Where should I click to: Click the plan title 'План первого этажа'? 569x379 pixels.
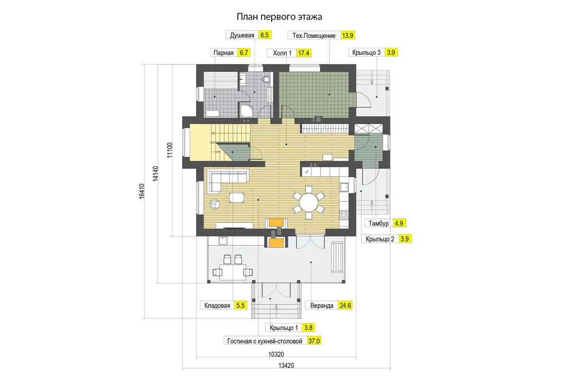pyautogui.click(x=279, y=17)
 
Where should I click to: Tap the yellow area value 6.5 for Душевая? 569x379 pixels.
pyautogui.click(x=265, y=35)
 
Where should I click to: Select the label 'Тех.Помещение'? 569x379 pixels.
pyautogui.click(x=314, y=36)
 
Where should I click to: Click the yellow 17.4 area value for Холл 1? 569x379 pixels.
pyautogui.click(x=303, y=53)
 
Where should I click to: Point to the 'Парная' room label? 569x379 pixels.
pyautogui.click(x=223, y=53)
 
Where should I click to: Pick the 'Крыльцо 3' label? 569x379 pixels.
pyautogui.click(x=366, y=53)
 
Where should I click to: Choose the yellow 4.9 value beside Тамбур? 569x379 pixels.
pyautogui.click(x=399, y=224)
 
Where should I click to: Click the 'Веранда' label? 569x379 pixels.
pyautogui.click(x=321, y=306)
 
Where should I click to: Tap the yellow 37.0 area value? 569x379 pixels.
pyautogui.click(x=314, y=341)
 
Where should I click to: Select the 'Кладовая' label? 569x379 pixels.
pyautogui.click(x=217, y=306)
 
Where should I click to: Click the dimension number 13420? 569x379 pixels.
pyautogui.click(x=286, y=366)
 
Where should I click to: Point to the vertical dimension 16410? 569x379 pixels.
pyautogui.click(x=141, y=191)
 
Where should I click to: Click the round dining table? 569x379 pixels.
pyautogui.click(x=309, y=203)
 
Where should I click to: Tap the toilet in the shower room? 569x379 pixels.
pyautogui.click(x=266, y=80)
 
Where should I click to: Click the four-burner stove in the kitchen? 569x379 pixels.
pyautogui.click(x=344, y=215)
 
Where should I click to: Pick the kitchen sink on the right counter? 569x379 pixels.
pyautogui.click(x=344, y=187)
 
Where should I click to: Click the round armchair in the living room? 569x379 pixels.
pyautogui.click(x=215, y=204)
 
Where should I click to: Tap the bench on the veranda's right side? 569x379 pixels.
pyautogui.click(x=337, y=257)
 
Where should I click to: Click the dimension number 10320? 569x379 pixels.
pyautogui.click(x=276, y=354)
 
